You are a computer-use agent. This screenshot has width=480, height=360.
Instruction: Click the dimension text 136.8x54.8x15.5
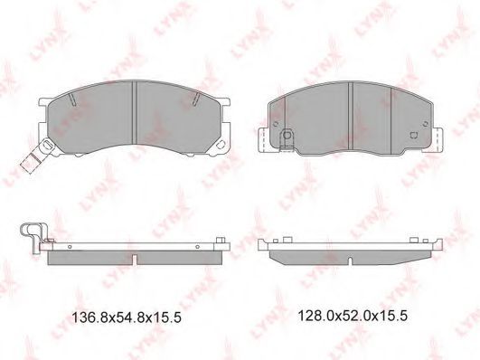[x=127, y=317]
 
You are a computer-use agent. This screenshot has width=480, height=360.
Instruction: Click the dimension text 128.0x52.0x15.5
[x=353, y=316]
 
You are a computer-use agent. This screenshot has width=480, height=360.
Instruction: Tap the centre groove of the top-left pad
[x=134, y=112]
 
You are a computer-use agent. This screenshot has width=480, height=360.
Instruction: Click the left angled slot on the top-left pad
[x=72, y=99]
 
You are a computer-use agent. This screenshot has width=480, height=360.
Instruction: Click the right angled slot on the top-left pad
[x=196, y=99]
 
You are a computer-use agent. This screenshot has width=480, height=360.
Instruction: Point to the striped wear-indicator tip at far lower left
[x=29, y=163]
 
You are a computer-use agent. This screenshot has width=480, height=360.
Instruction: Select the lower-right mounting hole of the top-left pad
[x=220, y=145]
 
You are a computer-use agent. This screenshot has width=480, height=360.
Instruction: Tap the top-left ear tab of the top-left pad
[x=44, y=102]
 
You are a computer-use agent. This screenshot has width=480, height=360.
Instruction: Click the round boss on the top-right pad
[x=287, y=135]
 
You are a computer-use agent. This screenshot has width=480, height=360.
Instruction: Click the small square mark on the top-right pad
[x=414, y=135]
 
